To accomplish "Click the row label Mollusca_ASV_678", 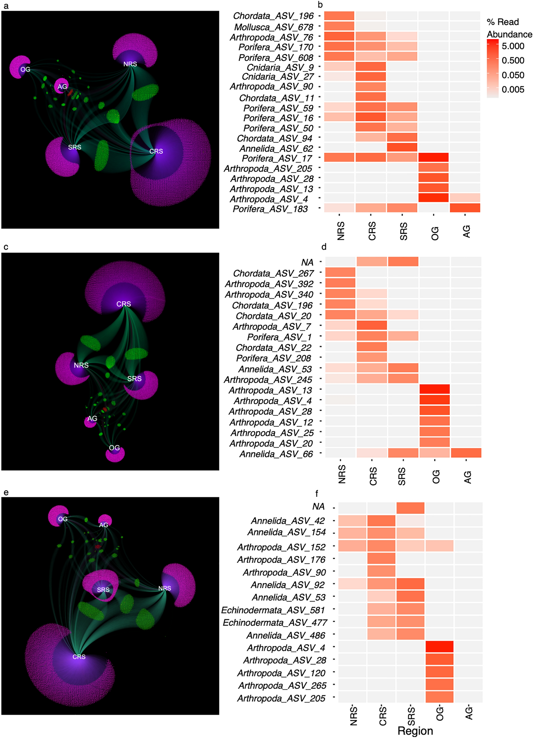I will tap(273, 27).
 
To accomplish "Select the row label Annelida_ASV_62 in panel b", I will tap(276, 149).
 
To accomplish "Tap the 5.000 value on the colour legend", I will tap(513, 46).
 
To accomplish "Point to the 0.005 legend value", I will tap(513, 90).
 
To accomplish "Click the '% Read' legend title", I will tap(502, 22).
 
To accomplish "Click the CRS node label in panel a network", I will tap(156, 151).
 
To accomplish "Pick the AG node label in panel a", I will tap(62, 87).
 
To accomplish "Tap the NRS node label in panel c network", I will tap(81, 365).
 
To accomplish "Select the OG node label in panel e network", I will tap(63, 519).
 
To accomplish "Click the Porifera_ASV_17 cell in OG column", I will tap(433, 158).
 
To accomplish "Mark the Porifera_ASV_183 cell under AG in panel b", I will tap(465, 208).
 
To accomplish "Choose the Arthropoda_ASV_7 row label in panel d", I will tap(272, 326).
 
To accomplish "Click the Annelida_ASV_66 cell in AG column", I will tap(466, 453).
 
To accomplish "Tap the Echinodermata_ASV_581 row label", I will tap(273, 610).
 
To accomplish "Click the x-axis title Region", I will tap(415, 731).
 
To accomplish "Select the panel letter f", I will tap(317, 493).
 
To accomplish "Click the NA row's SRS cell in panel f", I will tap(410, 508).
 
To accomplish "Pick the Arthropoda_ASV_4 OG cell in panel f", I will tap(440, 647).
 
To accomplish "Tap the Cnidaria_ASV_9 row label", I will tap(280, 67).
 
